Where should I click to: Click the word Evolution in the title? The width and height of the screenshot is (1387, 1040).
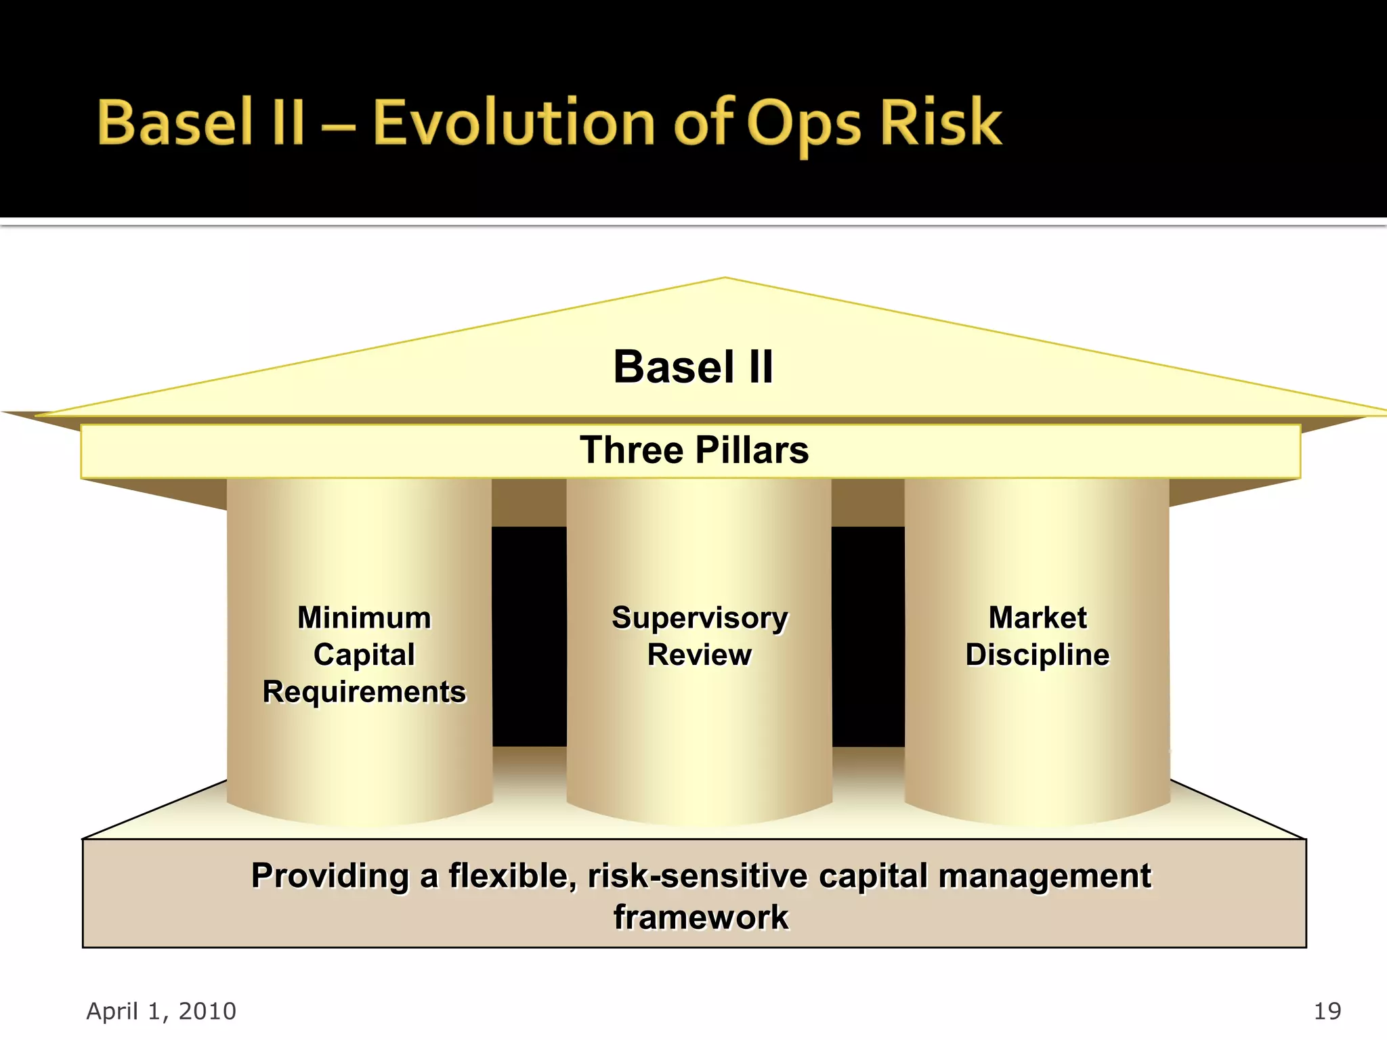[x=513, y=123]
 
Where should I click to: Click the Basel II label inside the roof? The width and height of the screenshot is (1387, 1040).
[x=693, y=367]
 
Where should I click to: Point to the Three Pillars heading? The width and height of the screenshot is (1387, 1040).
[x=693, y=450]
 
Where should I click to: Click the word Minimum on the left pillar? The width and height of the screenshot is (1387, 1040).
[x=364, y=617]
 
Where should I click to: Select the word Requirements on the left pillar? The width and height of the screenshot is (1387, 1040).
[x=364, y=692]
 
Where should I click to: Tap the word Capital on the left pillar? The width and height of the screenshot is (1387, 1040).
[x=364, y=655]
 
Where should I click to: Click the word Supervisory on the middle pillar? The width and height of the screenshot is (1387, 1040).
[x=700, y=618]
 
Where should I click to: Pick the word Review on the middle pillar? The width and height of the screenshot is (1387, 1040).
[x=699, y=655]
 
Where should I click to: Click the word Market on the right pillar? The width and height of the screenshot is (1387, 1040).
[x=1038, y=617]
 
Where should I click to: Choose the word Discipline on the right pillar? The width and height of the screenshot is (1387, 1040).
[x=1038, y=655]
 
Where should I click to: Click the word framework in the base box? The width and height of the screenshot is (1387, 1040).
[x=701, y=917]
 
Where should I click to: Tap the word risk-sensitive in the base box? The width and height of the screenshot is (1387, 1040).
[x=698, y=875]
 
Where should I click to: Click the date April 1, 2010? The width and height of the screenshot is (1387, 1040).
[x=161, y=1011]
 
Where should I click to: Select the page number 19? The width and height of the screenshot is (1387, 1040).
[x=1327, y=1011]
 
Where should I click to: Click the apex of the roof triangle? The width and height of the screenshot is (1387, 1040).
[x=725, y=279]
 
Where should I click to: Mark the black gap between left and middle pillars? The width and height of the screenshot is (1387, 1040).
[x=529, y=636]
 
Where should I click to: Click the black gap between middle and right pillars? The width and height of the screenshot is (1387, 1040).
[x=868, y=636]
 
